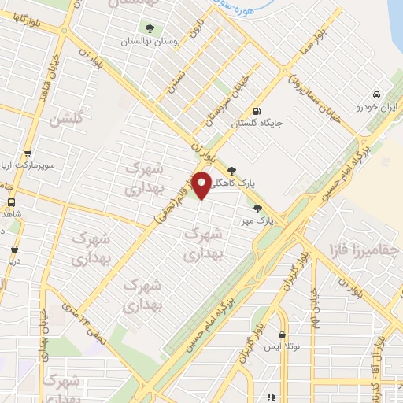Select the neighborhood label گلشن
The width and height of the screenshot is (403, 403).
65,119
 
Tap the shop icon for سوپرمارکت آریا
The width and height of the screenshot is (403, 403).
28,154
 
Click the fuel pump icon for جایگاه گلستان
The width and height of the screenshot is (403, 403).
257,111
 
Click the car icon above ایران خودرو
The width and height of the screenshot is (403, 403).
377,94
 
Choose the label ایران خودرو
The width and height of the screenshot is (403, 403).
368,106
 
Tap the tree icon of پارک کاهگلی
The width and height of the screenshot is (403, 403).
231,169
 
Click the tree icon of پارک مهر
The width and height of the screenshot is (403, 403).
257,208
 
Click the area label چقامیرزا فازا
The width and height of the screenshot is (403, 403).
361,250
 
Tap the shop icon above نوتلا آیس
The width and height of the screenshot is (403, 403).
282,335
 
